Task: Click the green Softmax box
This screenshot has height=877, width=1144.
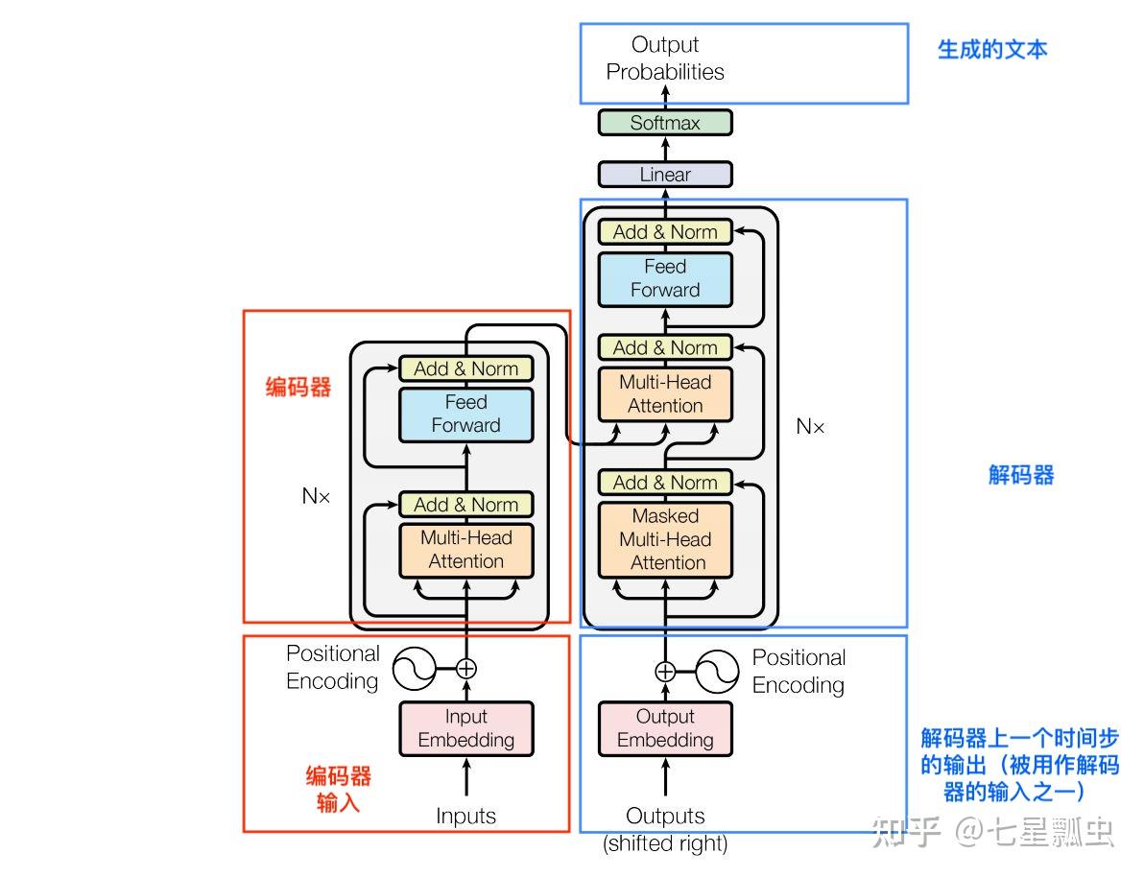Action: pos(665,123)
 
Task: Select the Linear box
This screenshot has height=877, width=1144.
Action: pos(665,175)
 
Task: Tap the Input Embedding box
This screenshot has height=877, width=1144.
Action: pos(466,728)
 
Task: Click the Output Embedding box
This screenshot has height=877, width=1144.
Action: pos(665,728)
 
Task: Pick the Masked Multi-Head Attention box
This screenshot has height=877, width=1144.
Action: pos(665,539)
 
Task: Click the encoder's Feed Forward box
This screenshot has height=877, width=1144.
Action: pos(466,414)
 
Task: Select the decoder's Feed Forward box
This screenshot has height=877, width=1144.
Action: pos(665,278)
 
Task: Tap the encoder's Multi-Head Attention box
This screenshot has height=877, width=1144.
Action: pos(466,550)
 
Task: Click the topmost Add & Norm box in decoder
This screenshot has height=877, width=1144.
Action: pos(665,232)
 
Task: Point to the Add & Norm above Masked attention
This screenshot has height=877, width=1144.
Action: pos(665,483)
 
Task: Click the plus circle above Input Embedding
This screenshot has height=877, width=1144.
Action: pos(466,668)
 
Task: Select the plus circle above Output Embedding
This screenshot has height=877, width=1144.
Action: pos(665,671)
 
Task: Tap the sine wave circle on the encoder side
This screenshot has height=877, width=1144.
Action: pos(416,668)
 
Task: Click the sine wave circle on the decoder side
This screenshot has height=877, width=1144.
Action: pos(716,671)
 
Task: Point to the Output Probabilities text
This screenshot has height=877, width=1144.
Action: pos(665,58)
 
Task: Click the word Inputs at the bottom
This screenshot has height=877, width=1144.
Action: pos(466,817)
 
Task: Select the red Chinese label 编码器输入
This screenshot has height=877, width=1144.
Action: pos(338,789)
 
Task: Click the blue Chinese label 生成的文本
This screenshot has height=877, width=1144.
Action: pos(992,49)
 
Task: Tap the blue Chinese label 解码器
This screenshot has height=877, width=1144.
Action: pos(1021,474)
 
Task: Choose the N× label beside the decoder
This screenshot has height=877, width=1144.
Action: pos(810,427)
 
